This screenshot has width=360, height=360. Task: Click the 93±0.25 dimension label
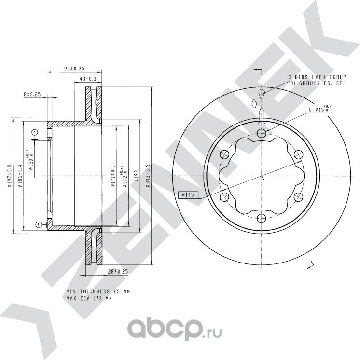pos(74,69)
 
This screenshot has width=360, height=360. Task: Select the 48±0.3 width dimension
pos(87,78)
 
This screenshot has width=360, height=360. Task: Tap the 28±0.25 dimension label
pos(118,272)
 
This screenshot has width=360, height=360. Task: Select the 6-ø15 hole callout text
pos(320,110)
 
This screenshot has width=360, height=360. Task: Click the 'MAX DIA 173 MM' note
pos(89,299)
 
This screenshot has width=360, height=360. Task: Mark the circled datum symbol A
pos(35,132)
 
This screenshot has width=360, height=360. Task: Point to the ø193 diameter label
pos(136,176)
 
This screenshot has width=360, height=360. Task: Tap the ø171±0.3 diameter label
pos(112,176)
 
